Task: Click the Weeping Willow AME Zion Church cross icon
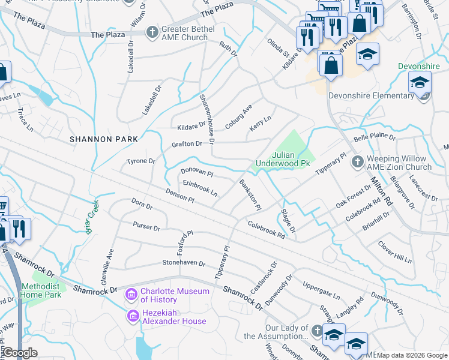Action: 357,161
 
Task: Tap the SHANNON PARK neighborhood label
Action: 104,139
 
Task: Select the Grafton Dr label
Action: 187,144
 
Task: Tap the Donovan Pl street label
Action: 197,172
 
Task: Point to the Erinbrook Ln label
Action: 200,189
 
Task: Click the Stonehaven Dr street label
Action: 184,263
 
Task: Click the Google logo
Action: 20,353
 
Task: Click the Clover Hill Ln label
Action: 394,253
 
